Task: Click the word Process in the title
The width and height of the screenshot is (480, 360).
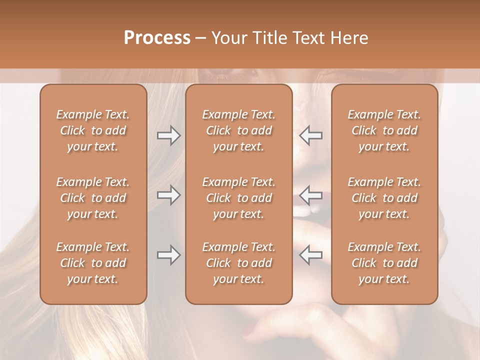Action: coord(157,38)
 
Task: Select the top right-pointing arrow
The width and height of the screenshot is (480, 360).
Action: coord(168,135)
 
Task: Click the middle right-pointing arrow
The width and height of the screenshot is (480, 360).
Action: coord(168,194)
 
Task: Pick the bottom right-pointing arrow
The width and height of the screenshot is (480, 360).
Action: coord(168,255)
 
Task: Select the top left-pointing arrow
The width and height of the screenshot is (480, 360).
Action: coord(311,135)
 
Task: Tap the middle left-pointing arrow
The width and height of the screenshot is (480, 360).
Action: coord(311,194)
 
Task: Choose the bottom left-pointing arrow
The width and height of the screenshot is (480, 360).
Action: coord(311,255)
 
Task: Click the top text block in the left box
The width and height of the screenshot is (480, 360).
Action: coord(93,130)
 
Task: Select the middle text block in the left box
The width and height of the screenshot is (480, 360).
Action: coord(93,198)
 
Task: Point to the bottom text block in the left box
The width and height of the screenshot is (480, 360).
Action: coord(93,263)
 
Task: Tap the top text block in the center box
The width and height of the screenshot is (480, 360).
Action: coord(239,130)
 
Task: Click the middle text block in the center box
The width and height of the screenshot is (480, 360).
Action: coord(239,198)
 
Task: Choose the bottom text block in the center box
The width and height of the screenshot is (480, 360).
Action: coord(239,263)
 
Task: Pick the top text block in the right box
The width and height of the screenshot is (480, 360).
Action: coord(384,130)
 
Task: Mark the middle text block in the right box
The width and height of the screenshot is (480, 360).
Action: coord(384,198)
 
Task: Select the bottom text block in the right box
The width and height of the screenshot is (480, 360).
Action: coord(384,263)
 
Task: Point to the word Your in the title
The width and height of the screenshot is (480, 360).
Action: coord(228,38)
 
